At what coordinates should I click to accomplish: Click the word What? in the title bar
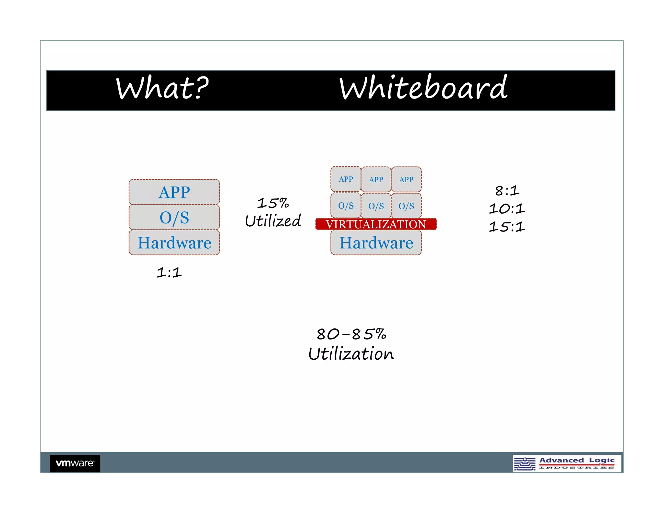(162, 88)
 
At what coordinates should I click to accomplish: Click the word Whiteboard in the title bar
(423, 88)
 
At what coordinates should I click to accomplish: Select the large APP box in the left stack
(174, 192)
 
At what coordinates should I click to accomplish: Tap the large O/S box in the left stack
(174, 218)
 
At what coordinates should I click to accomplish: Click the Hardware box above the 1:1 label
(174, 243)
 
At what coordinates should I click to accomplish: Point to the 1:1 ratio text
(169, 272)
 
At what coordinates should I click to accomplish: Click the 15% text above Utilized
(273, 203)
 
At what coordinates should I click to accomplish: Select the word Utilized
(273, 221)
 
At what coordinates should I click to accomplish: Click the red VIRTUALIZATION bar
(376, 224)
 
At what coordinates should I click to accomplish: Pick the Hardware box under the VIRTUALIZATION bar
(376, 243)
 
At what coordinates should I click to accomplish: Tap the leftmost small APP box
(346, 179)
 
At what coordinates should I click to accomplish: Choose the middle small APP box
(376, 180)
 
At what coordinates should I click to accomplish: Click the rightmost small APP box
(406, 180)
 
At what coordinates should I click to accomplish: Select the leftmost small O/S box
(346, 206)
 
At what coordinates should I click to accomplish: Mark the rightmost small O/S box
(406, 206)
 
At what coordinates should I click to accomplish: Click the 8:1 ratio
(507, 191)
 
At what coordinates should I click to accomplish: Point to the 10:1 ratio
(507, 209)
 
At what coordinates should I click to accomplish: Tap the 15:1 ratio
(507, 227)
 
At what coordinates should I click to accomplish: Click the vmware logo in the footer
(75, 463)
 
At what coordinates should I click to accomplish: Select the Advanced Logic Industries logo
(567, 463)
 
